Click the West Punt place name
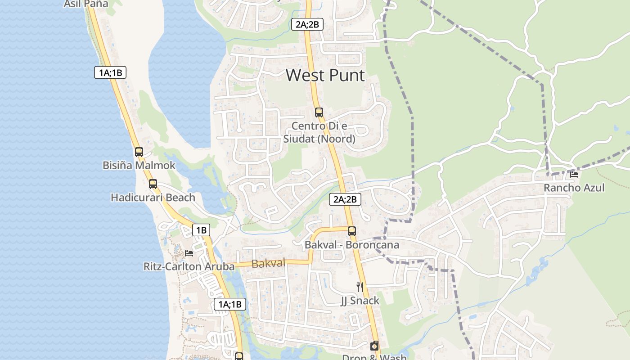(325, 75)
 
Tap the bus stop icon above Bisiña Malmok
(139, 152)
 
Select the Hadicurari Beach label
(153, 198)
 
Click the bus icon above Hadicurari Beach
(153, 184)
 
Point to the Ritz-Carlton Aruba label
(189, 266)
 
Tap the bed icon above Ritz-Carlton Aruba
(189, 253)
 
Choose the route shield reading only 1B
(201, 230)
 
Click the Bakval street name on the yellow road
(269, 264)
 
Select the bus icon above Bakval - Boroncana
(352, 231)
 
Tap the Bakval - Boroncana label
(352, 245)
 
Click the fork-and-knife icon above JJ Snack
(360, 287)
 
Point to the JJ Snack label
(360, 301)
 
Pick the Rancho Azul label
(574, 188)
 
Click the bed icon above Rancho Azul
(574, 175)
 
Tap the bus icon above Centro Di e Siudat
(319, 112)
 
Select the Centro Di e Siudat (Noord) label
(319, 133)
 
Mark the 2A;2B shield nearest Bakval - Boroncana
(345, 199)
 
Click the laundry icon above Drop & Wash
(374, 346)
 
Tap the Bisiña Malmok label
(139, 166)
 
